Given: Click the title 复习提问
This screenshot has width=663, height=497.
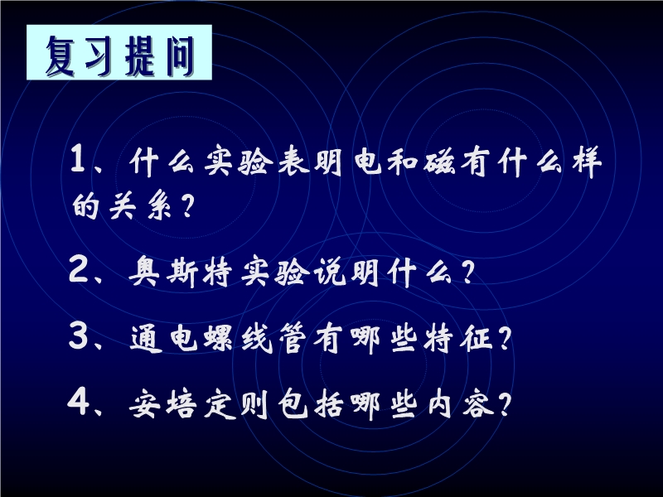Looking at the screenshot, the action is click(119, 55).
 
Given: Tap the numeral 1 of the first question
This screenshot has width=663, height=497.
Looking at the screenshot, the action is click(78, 158).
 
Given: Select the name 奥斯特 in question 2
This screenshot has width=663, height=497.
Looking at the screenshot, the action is click(181, 273).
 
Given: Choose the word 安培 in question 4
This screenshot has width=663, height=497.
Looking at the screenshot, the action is click(162, 404).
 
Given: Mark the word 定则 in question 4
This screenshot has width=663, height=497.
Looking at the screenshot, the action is click(236, 404).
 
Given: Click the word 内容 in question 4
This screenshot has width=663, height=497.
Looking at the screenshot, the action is click(461, 404).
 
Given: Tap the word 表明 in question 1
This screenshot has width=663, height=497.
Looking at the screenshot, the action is click(310, 161).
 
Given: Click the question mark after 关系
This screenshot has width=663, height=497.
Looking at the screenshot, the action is click(186, 206).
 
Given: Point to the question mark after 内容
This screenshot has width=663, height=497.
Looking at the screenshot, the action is click(505, 404).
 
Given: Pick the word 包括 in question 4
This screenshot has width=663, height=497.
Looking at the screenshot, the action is click(310, 404).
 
